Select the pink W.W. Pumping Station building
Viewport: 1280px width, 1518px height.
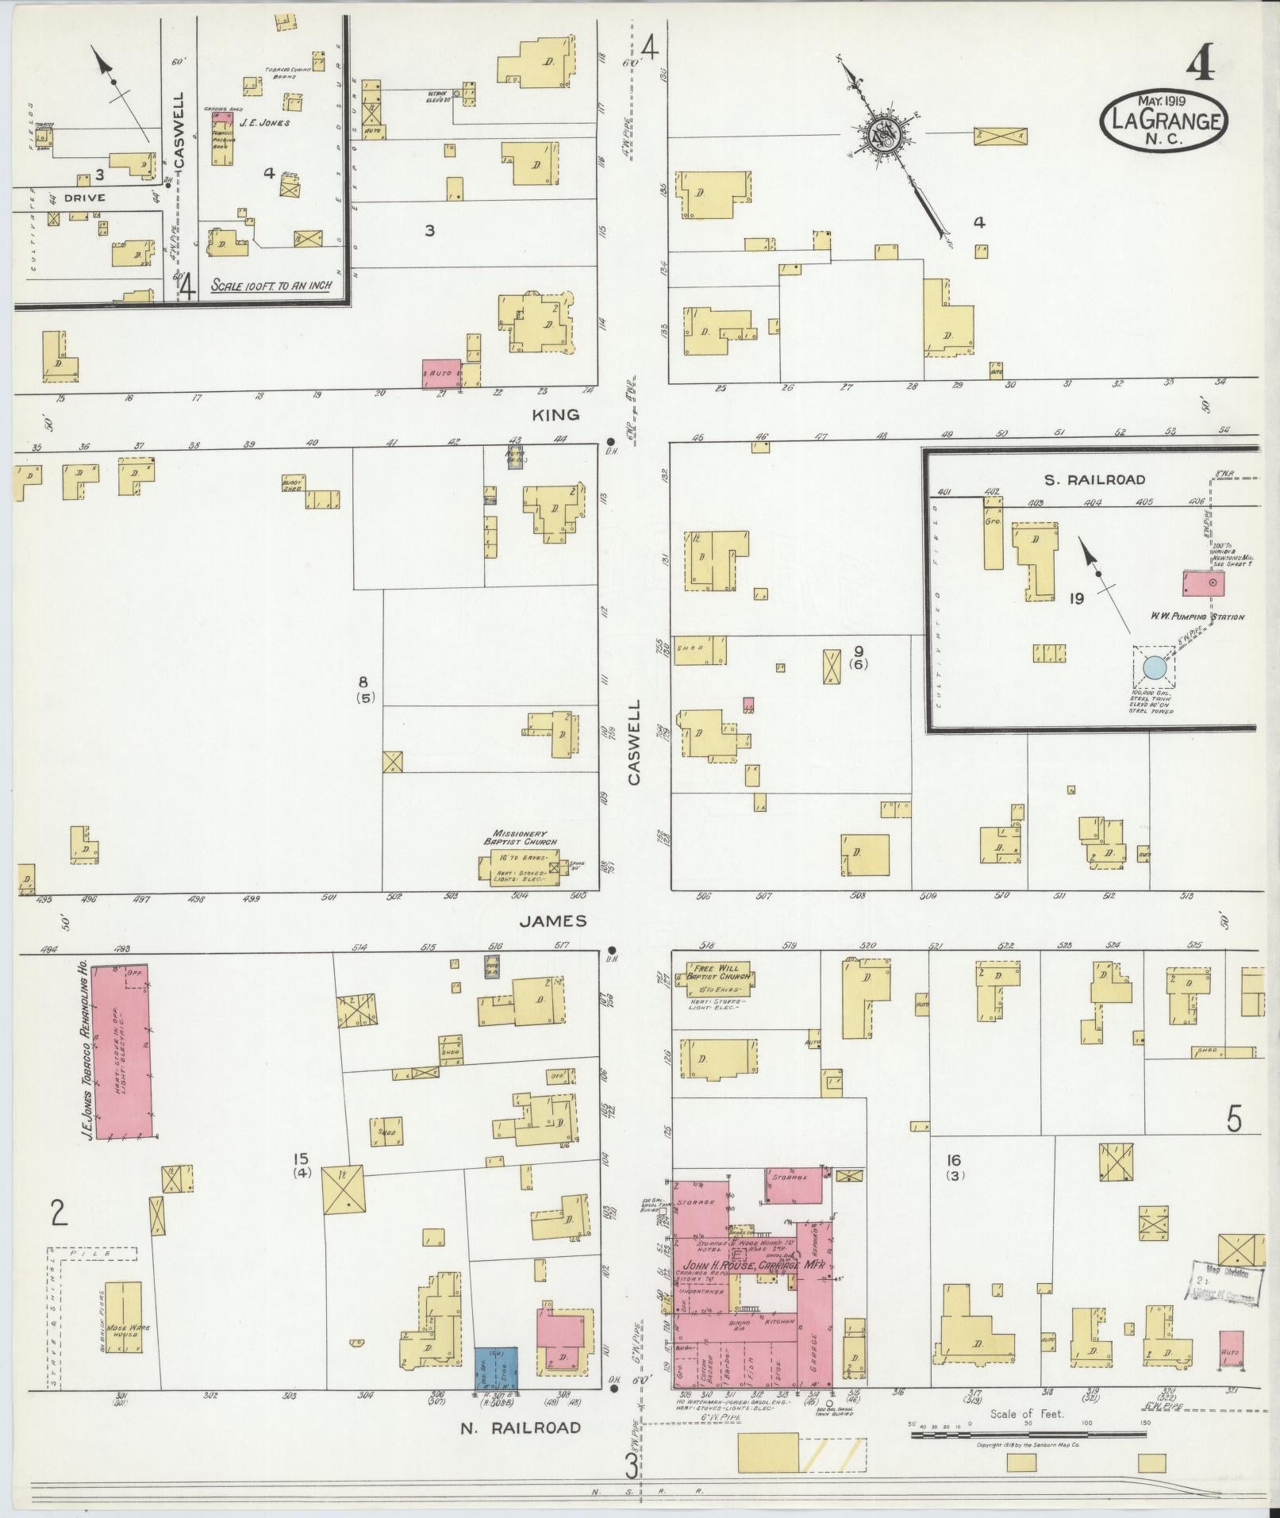click(x=1203, y=584)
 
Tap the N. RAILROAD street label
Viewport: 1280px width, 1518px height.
click(x=521, y=1428)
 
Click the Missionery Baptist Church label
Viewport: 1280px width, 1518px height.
click(x=520, y=838)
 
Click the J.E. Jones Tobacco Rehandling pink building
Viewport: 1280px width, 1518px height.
click(x=122, y=1051)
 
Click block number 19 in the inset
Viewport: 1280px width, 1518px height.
click(x=1076, y=599)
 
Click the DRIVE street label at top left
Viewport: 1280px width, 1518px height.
click(x=84, y=198)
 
